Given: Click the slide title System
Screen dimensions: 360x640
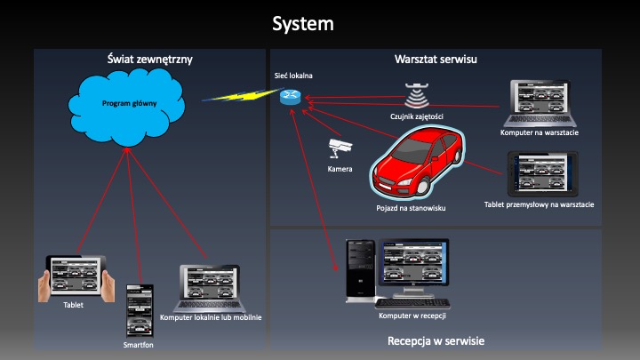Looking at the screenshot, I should point(303,23).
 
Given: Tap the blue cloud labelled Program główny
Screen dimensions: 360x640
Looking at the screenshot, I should point(130,104).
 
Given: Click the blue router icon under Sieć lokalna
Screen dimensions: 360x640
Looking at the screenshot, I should point(290,97).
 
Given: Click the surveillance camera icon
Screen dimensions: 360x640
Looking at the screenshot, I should point(340,148).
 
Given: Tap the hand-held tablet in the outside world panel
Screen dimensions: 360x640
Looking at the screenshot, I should point(76,277).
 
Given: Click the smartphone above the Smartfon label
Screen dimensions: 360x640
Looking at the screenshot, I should point(140,309).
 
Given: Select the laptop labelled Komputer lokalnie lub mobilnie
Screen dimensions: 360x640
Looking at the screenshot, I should point(211,287).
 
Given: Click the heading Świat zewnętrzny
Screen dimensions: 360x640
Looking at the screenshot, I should point(150,60).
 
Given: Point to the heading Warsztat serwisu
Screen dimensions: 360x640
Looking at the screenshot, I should point(436,60).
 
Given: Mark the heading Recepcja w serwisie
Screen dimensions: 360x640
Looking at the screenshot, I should point(436,341).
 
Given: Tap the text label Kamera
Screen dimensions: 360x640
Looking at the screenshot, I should point(340,169).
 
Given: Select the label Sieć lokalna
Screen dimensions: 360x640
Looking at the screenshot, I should point(293,76).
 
